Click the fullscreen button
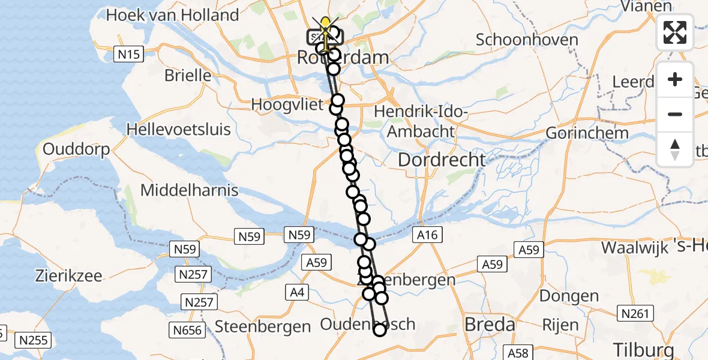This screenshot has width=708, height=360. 675,32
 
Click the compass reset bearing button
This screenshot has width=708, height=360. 675,149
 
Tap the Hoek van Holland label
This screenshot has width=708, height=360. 172,15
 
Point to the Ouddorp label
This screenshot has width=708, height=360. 76,149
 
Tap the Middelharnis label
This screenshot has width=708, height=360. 190,191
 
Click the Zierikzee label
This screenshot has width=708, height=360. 68,277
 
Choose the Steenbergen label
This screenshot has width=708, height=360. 263,326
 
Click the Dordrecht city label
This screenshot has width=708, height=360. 442,160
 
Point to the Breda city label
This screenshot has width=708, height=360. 490,325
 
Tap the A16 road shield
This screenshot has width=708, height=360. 427,236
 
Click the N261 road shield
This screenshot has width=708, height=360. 637,313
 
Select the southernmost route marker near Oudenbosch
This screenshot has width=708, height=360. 379,329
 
